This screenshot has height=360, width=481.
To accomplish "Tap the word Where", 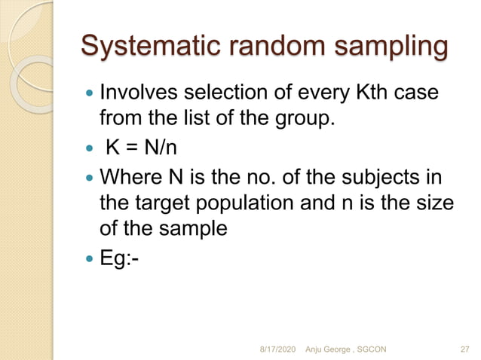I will coord(129,179).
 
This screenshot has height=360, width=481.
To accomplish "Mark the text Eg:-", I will coord(120,259).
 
